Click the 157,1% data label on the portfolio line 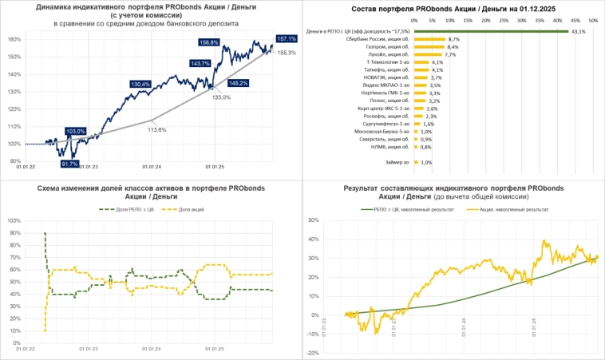[x=287, y=38]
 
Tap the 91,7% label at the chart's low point [x=70, y=164]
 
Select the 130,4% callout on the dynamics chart [x=140, y=84]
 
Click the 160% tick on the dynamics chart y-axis [x=14, y=39]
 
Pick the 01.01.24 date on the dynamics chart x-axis [x=151, y=168]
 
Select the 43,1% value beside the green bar [x=579, y=32]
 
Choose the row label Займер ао [x=397, y=163]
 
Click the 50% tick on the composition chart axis [x=592, y=21]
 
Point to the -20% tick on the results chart [x=312, y=352]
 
